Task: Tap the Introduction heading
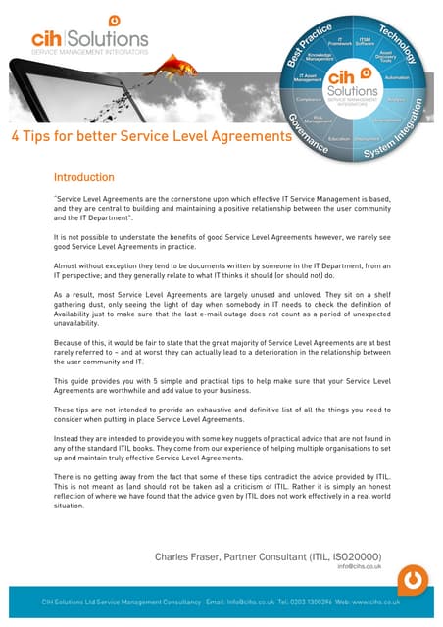84,178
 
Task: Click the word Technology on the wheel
398,45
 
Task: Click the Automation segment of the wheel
397,77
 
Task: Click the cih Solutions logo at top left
89,36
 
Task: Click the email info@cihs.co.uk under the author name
358,566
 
